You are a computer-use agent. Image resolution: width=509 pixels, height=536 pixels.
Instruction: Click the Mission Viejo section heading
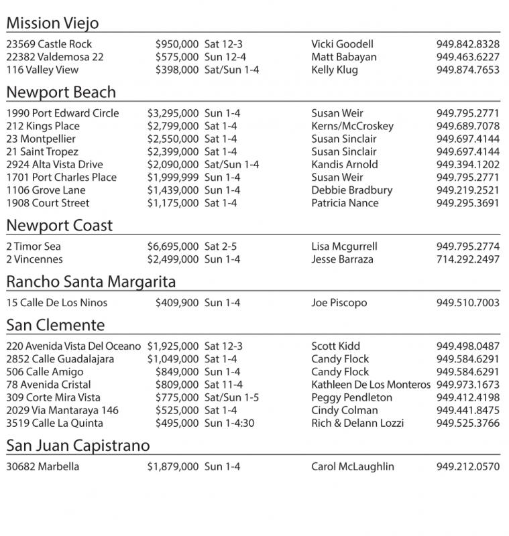tap(52, 23)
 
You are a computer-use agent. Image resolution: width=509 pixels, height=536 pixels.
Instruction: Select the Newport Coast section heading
tap(60, 226)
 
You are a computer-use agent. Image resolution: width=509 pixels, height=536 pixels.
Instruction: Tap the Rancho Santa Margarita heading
tap(91, 282)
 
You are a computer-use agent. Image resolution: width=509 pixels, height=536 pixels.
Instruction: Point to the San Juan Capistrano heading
tap(78, 446)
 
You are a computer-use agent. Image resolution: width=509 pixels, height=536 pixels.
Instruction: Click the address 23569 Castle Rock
tap(49, 44)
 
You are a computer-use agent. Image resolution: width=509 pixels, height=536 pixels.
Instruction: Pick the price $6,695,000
tap(173, 247)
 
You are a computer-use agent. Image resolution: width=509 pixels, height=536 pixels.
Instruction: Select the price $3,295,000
tap(173, 113)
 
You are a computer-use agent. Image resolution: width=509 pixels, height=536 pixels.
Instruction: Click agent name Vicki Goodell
tap(342, 44)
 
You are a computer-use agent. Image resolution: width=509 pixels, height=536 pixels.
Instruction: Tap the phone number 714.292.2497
tap(467, 259)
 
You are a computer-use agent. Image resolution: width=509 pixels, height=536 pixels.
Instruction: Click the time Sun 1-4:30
tap(229, 423)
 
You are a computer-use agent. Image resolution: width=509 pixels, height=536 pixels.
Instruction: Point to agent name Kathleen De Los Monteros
tap(371, 385)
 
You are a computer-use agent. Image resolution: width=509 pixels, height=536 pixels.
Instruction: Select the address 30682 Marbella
tap(42, 467)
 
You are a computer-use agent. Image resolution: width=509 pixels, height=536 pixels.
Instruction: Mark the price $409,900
tap(177, 303)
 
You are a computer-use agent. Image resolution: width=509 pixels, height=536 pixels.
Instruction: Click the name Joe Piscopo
tap(339, 303)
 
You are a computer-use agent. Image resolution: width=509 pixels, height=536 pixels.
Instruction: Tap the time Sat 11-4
tap(223, 385)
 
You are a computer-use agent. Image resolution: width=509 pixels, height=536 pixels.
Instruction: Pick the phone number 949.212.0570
tap(467, 467)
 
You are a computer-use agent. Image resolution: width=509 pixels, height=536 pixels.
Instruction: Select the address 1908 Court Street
tap(48, 203)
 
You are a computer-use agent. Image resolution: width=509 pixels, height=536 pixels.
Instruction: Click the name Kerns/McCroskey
tap(352, 126)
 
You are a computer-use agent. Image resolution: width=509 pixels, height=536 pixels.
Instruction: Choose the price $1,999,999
tap(173, 178)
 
